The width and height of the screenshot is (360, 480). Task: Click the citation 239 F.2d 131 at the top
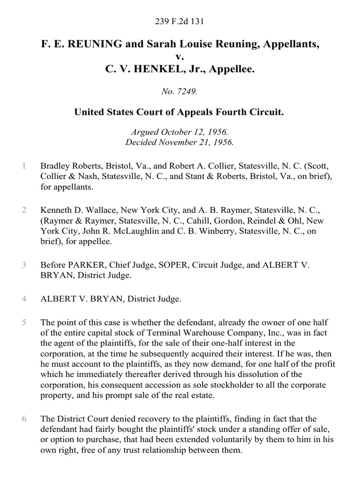(180, 21)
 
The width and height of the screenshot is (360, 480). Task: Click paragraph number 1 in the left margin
(23, 166)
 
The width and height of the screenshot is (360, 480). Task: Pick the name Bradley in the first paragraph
(55, 166)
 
